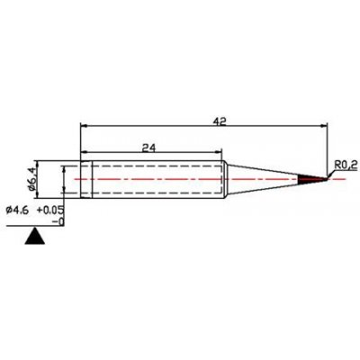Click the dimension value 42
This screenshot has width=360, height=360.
point(220,121)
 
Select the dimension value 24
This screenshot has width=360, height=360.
point(148,148)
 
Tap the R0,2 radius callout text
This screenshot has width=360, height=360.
point(346,165)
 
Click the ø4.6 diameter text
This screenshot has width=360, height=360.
point(17,211)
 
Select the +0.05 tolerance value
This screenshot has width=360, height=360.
point(50,210)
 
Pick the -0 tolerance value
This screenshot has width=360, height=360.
point(58,222)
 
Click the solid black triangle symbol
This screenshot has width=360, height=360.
point(35,236)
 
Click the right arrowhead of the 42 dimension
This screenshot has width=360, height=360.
point(324,126)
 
